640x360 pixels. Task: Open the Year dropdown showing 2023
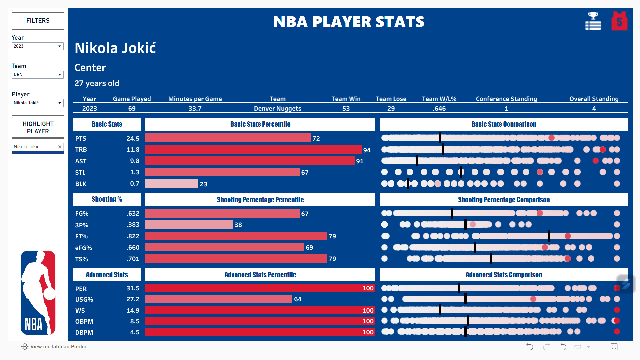(x=37, y=46)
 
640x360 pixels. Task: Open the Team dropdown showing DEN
(x=37, y=75)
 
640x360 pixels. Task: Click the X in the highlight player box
(x=60, y=147)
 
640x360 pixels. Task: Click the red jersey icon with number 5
(x=619, y=21)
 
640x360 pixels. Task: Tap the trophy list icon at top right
(x=593, y=21)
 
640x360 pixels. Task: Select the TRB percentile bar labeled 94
(x=253, y=150)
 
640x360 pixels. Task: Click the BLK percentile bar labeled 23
(x=172, y=184)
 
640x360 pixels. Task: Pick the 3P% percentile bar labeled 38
(x=189, y=225)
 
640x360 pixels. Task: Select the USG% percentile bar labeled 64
(x=219, y=299)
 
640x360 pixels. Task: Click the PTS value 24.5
(x=133, y=138)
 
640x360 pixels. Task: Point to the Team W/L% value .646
(x=439, y=108)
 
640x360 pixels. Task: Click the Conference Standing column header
(x=506, y=99)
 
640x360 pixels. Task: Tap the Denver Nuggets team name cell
(x=277, y=108)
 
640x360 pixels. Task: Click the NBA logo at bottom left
(x=38, y=293)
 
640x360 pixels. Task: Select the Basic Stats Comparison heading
(x=504, y=124)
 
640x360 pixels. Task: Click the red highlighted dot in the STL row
(x=540, y=172)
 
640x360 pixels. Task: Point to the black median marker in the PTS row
(x=440, y=138)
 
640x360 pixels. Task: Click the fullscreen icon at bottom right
(x=614, y=347)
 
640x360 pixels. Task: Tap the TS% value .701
(x=133, y=259)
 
